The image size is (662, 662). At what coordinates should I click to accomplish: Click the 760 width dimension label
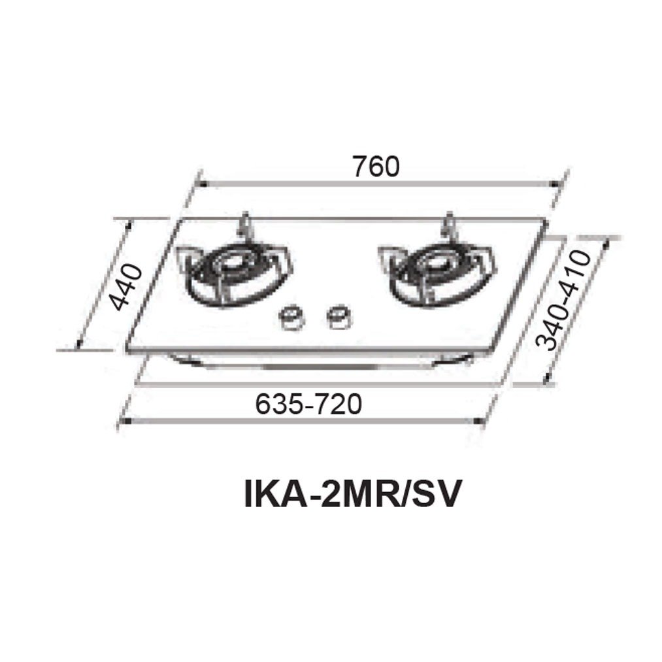coord(374,167)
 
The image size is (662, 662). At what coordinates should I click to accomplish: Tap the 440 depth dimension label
coord(124,287)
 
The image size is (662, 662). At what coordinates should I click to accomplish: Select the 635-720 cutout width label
coord(308,405)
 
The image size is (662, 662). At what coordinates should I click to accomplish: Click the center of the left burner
coord(234,265)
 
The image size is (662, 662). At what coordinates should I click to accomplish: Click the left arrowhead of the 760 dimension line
coord(202,184)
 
